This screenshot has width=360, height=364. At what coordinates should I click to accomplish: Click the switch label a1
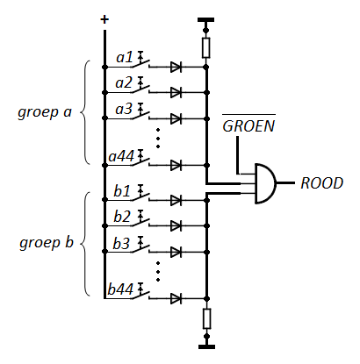tap(125, 57)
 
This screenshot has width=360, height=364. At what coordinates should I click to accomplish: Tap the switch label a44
tap(121, 156)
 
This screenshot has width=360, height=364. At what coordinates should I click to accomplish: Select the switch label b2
tap(122, 217)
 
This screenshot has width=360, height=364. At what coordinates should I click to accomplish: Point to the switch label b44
tap(120, 289)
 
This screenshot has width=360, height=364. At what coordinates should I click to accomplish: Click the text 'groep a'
tap(45, 112)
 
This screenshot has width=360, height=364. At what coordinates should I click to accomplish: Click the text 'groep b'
tap(47, 243)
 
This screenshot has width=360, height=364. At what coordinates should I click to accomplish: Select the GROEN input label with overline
tap(248, 125)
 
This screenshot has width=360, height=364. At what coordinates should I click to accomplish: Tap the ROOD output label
tap(322, 183)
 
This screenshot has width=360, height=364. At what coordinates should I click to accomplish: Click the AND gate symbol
tap(265, 183)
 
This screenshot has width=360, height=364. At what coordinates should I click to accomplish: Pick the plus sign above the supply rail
tap(104, 19)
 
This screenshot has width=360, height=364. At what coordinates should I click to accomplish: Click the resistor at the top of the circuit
tap(206, 47)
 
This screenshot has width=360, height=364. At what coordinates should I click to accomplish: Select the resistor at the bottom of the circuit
tap(206, 318)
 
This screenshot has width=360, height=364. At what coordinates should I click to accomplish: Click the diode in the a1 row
tap(176, 67)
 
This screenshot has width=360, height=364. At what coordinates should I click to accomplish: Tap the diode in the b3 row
tap(176, 252)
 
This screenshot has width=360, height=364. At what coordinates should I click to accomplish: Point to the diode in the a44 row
tap(176, 165)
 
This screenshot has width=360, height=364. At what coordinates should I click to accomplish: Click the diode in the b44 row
tap(176, 298)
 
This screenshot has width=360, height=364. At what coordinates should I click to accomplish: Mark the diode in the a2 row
tap(176, 93)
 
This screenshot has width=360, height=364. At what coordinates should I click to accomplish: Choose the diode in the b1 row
tap(176, 200)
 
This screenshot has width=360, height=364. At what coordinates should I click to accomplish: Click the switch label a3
tap(124, 110)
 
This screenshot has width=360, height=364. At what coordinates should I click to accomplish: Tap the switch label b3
tap(121, 243)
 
